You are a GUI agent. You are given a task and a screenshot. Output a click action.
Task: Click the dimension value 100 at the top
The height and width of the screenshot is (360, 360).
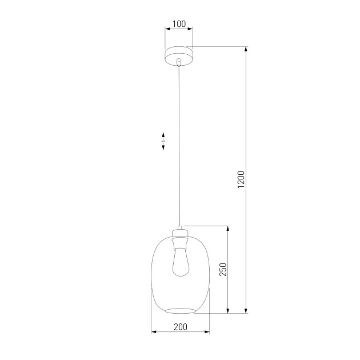coord(179,24)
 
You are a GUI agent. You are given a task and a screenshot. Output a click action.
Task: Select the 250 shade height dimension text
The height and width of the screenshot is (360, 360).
coord(223,269)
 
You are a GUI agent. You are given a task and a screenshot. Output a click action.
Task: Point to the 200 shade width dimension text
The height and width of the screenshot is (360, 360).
coord(180,327)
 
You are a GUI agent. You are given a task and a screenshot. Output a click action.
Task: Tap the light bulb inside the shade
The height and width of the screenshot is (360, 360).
coord(180,263)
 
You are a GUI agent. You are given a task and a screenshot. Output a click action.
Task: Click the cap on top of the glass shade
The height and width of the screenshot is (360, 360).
coord(180,233)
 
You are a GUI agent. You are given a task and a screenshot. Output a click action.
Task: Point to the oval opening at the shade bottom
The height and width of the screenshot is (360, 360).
coord(180,311)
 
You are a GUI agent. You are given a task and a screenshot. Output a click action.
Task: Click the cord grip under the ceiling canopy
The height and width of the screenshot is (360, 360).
coord(179,62)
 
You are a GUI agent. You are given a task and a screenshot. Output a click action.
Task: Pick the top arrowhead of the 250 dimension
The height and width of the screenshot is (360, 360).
coord(229,229)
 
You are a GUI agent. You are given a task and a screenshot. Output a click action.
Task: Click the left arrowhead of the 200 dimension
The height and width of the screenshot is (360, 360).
coord(153,332)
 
